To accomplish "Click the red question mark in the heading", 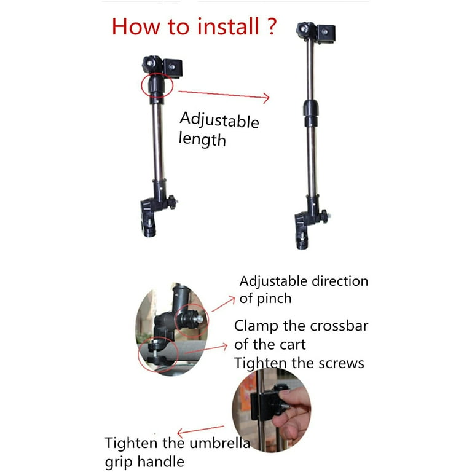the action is click(271, 26).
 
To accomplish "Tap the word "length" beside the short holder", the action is click(202, 140).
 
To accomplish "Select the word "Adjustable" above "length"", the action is click(219, 120).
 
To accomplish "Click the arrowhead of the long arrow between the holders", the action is click(265, 98).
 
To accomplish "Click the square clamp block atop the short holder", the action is click(173, 68).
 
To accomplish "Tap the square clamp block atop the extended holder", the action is click(326, 33).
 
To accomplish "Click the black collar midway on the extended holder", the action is click(310, 112).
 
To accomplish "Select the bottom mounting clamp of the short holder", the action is click(149, 217).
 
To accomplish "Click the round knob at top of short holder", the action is click(150, 63).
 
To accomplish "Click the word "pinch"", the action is click(274, 299).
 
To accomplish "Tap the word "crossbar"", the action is click(339, 326).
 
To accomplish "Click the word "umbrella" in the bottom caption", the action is click(220, 442).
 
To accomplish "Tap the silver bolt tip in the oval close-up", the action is click(199, 319).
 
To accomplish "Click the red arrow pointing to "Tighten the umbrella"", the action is click(200, 430).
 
